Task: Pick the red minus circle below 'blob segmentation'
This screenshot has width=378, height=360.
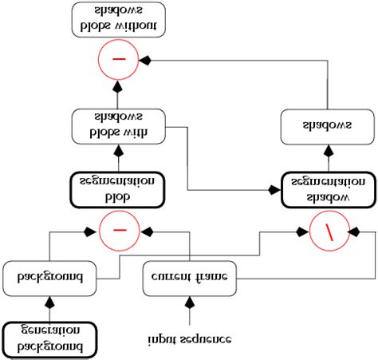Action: (119, 232)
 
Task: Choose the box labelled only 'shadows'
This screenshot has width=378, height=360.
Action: (326, 127)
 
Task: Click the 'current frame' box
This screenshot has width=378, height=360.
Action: (190, 279)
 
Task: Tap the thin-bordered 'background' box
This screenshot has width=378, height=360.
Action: (49, 279)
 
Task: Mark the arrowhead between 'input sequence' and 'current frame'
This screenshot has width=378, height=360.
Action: (190, 302)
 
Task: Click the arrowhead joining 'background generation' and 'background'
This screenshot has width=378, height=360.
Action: (49, 302)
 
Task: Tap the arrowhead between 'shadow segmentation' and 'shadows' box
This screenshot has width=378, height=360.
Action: (326, 149)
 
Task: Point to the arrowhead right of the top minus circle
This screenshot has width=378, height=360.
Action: (144, 60)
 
